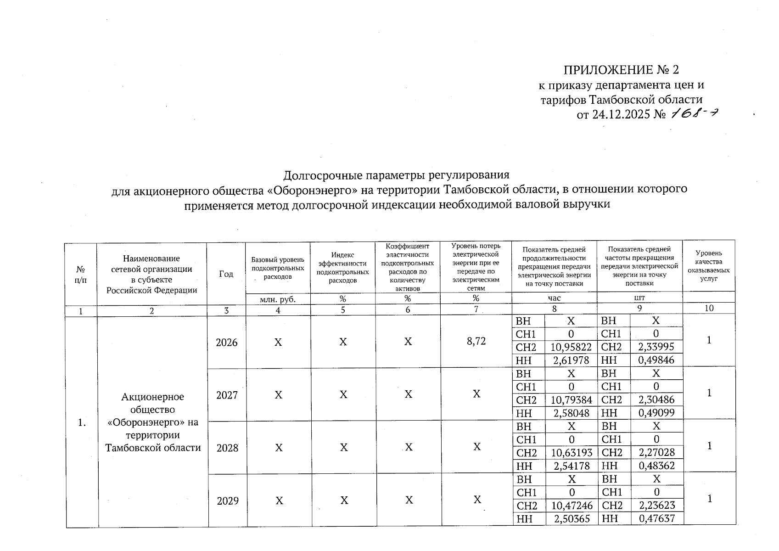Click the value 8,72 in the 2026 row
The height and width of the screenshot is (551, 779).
point(476,341)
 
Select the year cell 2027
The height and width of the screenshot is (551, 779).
point(227,395)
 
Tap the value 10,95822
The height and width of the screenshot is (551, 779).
point(571,347)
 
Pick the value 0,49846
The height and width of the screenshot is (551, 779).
point(656,360)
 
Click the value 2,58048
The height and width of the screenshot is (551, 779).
point(571,413)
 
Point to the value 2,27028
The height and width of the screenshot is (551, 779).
point(656,453)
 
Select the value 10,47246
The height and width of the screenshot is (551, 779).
point(572,506)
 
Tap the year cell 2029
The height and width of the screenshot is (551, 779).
point(228,500)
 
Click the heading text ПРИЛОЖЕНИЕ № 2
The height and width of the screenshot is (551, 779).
point(621,70)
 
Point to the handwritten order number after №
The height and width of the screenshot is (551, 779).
point(695,113)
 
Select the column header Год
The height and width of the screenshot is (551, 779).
point(226,274)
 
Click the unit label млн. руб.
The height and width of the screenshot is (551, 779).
point(277,299)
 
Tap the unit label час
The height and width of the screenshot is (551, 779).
point(554,298)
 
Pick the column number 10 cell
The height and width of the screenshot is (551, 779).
point(709,309)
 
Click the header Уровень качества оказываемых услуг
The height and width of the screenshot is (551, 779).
point(708,266)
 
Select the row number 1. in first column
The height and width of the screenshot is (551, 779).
point(82,423)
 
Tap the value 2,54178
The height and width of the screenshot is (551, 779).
point(571,466)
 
